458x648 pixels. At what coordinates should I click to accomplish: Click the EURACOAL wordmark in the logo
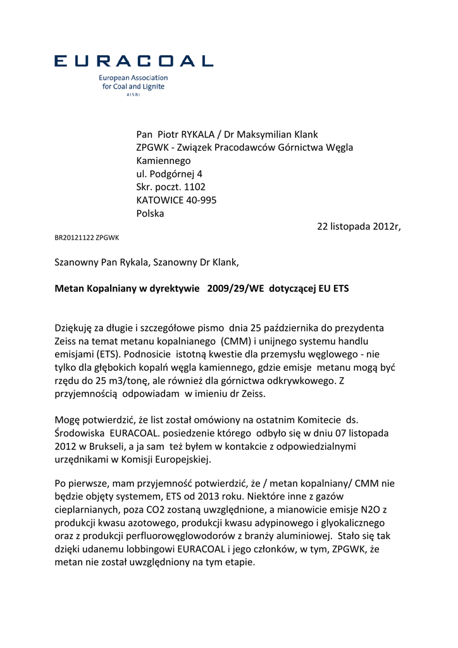click(x=133, y=61)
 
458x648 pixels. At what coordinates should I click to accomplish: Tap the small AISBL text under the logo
click(x=133, y=94)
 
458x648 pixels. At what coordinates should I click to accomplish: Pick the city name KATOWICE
click(x=159, y=201)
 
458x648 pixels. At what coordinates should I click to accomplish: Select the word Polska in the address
click(x=150, y=214)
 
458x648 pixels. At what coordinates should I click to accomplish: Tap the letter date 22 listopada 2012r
click(x=359, y=227)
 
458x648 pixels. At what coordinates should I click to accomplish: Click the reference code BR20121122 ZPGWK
click(x=87, y=238)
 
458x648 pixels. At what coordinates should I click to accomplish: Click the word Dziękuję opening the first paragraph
click(x=77, y=328)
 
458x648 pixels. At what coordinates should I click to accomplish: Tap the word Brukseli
click(x=108, y=446)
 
